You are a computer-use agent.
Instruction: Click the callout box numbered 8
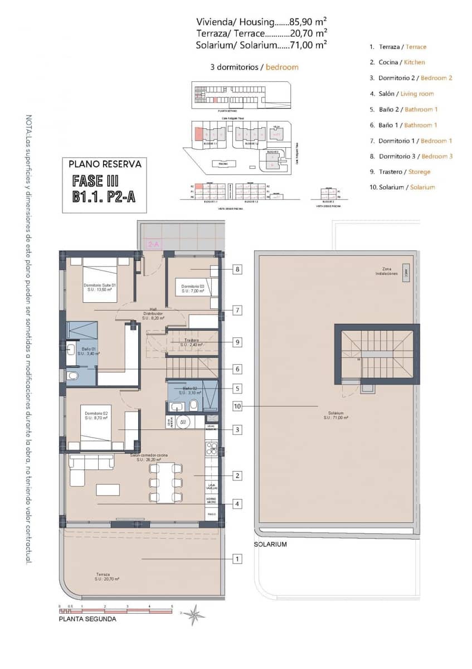[x=237, y=269]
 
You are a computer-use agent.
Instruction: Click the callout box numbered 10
[x=237, y=406]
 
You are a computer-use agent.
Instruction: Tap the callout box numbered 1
[x=237, y=558]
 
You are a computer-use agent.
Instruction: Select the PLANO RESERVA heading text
[x=105, y=164]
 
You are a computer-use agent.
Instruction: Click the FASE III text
[x=96, y=181]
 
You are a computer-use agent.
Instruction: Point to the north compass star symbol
[x=194, y=615]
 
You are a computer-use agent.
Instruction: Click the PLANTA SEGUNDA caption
[x=88, y=619]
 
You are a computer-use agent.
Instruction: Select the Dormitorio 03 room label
[x=193, y=288]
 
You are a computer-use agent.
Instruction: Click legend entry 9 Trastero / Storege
[x=400, y=172]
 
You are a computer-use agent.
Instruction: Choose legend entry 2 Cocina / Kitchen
[x=397, y=62]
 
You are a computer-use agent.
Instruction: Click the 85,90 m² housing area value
[x=305, y=22]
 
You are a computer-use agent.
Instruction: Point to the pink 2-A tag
[x=153, y=244]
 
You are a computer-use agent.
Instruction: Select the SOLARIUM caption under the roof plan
[x=270, y=544]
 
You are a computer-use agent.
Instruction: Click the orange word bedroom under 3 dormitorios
[x=282, y=67]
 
